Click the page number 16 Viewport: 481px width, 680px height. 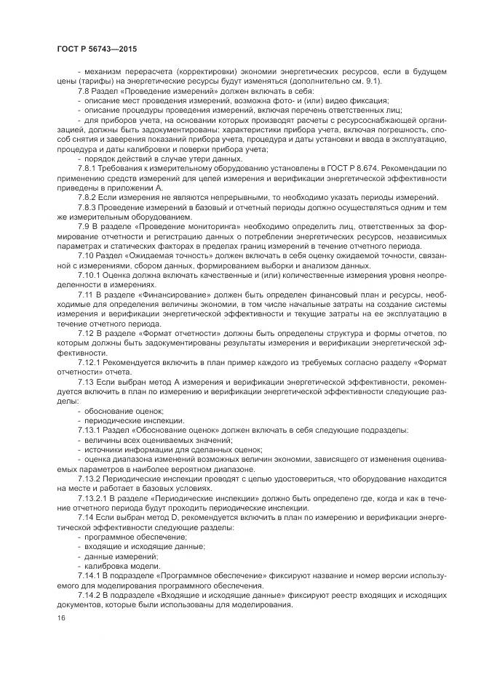point(60,617)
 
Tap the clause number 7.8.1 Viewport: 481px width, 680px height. point(88,167)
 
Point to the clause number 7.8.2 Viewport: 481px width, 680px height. point(88,197)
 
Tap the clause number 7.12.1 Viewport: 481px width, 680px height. point(90,361)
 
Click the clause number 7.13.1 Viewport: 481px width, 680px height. point(90,431)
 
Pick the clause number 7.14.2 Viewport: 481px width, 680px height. point(90,594)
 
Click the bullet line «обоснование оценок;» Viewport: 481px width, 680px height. point(122,411)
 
